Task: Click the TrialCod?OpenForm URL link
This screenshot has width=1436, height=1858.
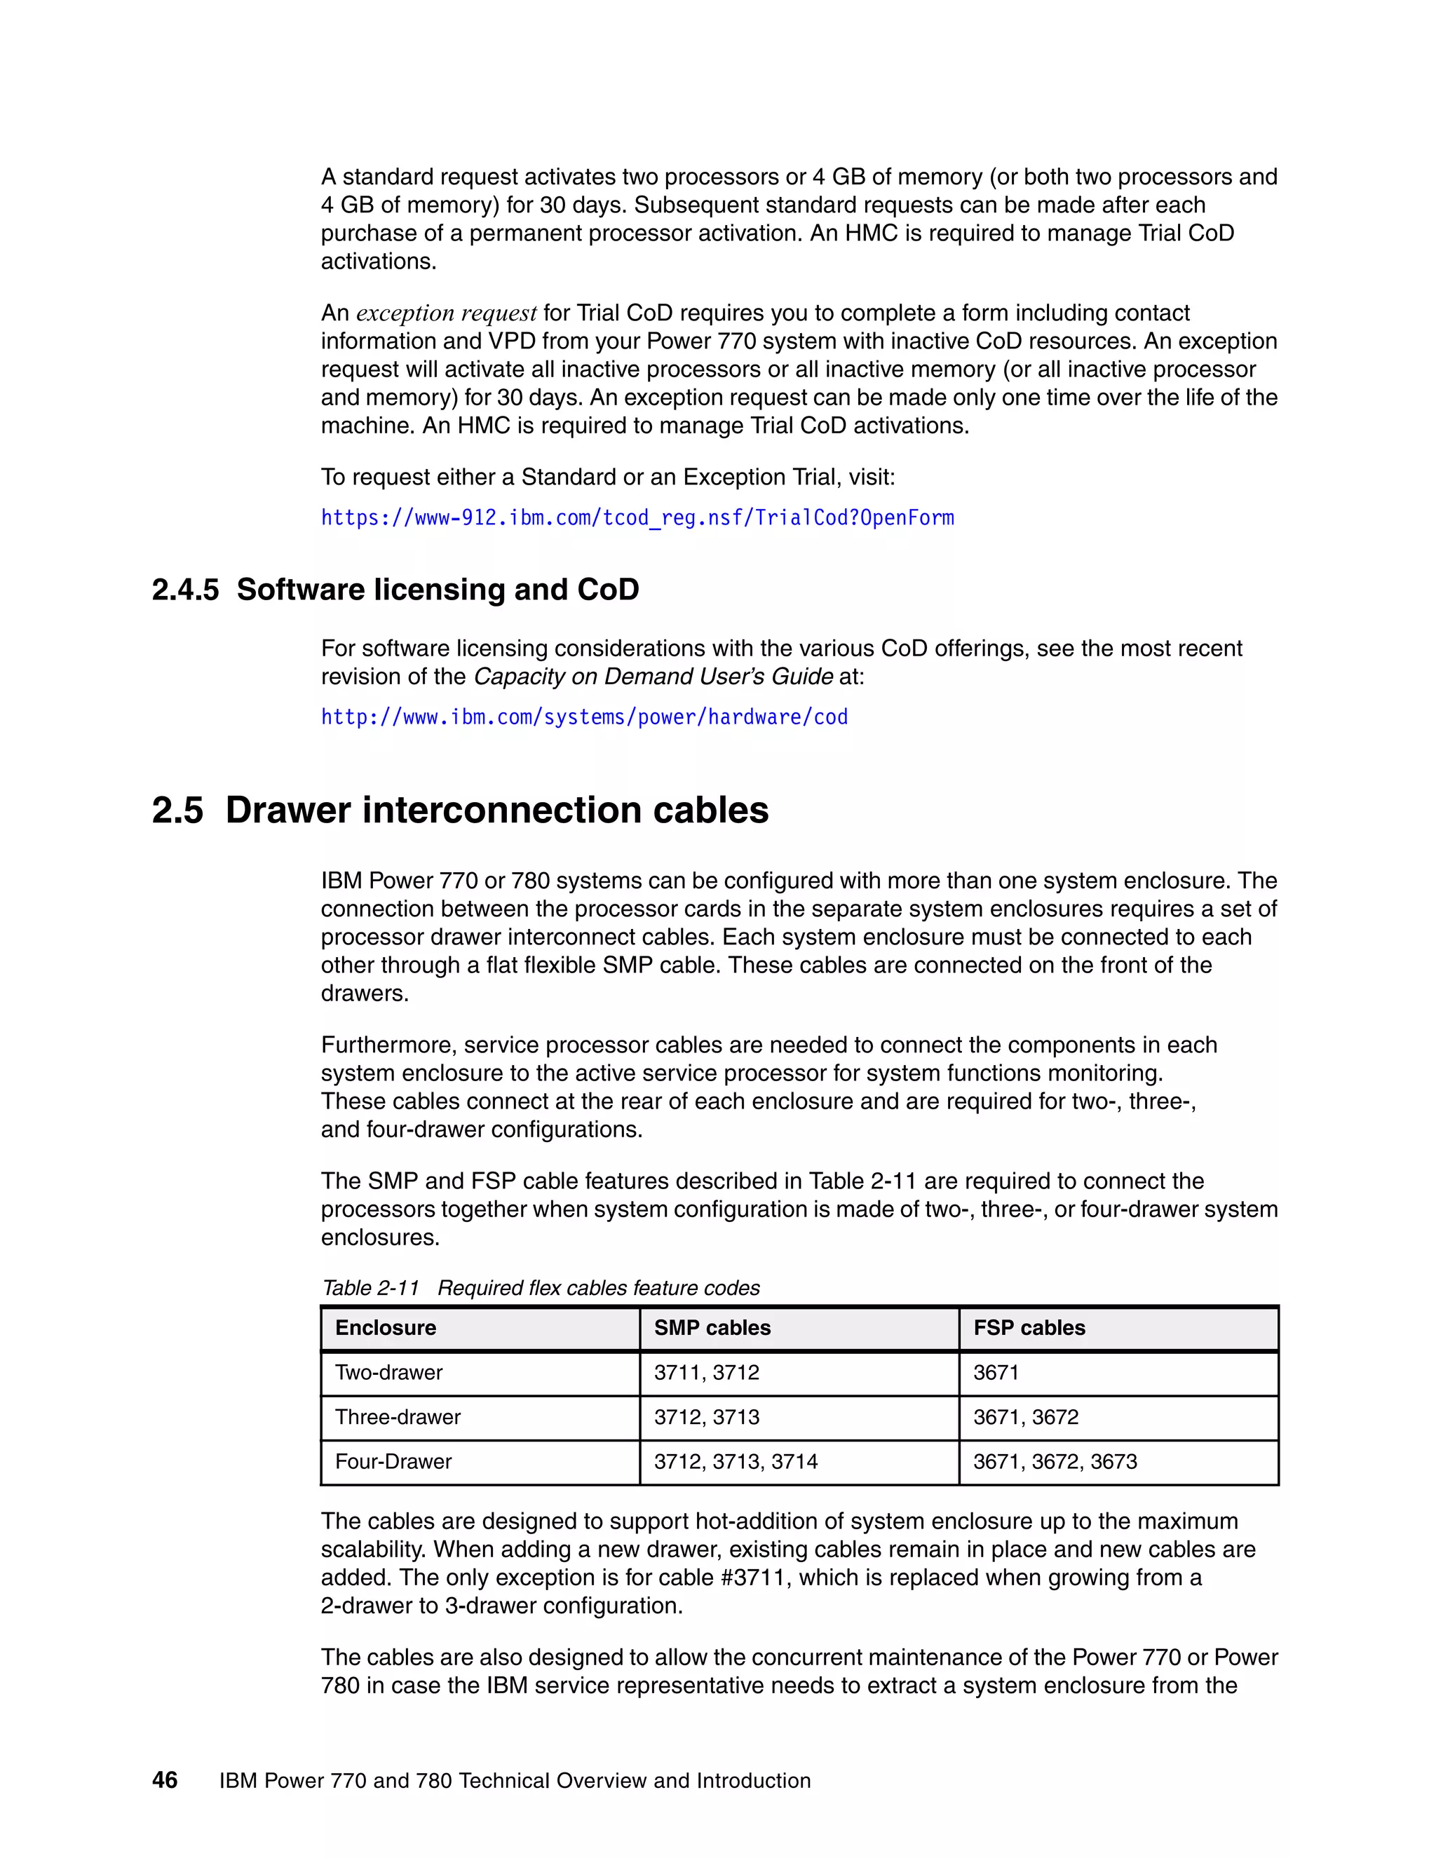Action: [x=637, y=518]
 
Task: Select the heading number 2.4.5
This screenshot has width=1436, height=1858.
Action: [x=184, y=590]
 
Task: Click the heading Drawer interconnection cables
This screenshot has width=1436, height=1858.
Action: [x=497, y=810]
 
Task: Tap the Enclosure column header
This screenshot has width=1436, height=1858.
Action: [x=386, y=1328]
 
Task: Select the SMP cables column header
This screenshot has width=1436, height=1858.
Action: [x=712, y=1328]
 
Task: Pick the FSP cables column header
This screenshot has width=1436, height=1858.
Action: [x=1029, y=1328]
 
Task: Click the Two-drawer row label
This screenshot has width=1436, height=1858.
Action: [x=388, y=1372]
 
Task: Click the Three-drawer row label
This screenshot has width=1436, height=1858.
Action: [x=398, y=1416]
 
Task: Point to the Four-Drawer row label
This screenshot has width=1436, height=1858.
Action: [x=393, y=1462]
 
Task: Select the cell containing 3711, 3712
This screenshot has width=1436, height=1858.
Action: [x=706, y=1372]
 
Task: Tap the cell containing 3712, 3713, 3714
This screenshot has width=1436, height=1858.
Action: [x=735, y=1462]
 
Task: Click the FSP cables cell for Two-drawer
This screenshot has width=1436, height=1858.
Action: [x=996, y=1372]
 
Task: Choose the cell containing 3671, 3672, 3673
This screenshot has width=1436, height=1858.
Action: [x=1055, y=1462]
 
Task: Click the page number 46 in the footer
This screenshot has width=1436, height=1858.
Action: [x=165, y=1781]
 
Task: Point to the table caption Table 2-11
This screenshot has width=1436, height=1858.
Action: [x=371, y=1288]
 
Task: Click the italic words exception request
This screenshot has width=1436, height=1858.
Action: [x=446, y=313]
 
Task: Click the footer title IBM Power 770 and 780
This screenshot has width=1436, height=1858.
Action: [x=515, y=1781]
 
